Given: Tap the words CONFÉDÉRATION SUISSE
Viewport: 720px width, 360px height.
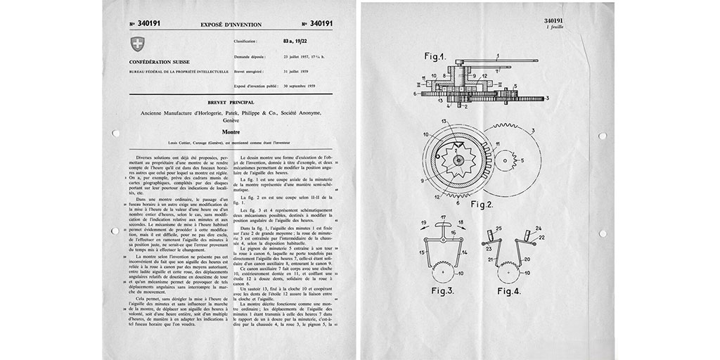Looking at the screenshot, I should (158, 61).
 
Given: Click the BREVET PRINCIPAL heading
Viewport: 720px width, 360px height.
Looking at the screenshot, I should (231, 103).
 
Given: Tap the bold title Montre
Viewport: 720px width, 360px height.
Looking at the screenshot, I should (231, 131).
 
